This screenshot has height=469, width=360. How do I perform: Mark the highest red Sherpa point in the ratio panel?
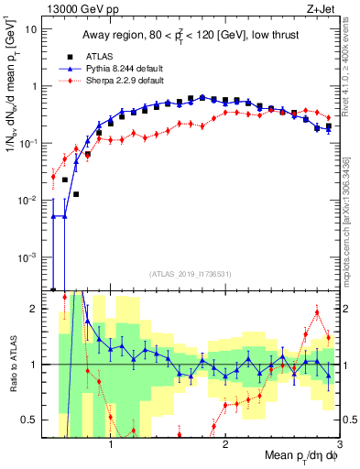tap(317, 312)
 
